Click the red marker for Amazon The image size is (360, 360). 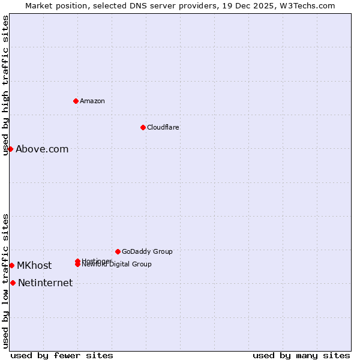click(76, 101)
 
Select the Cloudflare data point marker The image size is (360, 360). click(143, 127)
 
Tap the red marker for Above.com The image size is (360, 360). click(10, 149)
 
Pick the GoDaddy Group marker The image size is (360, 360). click(118, 251)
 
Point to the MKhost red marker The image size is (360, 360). click(11, 265)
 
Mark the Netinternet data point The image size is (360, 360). click(13, 283)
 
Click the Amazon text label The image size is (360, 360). click(92, 101)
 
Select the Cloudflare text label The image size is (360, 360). click(163, 127)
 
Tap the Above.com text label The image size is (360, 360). click(42, 149)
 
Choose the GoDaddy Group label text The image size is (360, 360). click(147, 251)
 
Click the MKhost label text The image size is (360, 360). click(34, 266)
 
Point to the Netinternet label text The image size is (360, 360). click(45, 283)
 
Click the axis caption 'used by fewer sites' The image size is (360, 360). click(62, 355)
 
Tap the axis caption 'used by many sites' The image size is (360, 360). click(301, 355)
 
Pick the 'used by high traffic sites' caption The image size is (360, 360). click(6, 85)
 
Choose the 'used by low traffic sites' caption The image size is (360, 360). click(6, 280)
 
